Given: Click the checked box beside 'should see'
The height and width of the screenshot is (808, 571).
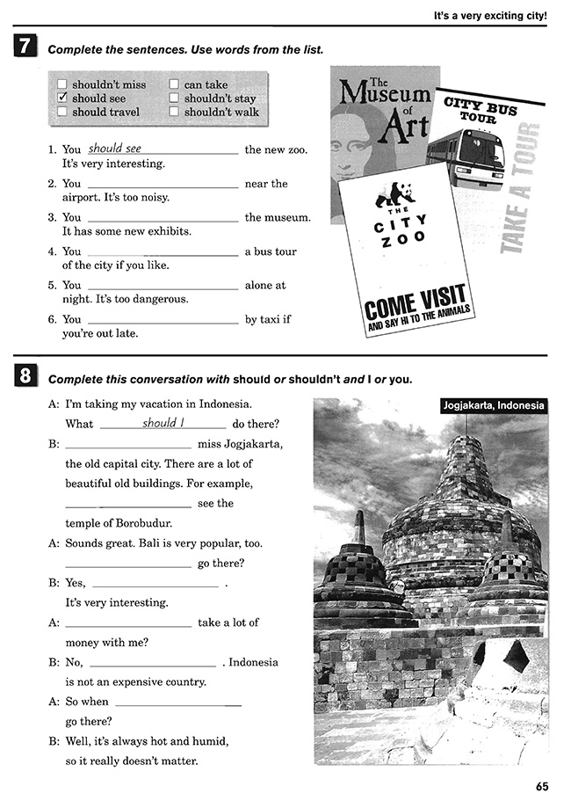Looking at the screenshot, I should coord(62,98).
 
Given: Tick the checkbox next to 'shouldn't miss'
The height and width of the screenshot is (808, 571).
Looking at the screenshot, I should coord(62,84).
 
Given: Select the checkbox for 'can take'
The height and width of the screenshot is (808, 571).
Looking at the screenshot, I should coord(174,84).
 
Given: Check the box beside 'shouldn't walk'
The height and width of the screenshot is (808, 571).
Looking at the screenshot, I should coord(174,112).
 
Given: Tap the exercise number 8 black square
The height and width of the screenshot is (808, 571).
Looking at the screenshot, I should coord(25,378).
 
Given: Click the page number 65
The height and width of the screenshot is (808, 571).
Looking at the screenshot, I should coord(541,786).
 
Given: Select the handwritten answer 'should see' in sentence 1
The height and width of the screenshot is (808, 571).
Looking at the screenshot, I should coord(115,149).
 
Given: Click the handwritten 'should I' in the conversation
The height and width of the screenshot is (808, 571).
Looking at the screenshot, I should coord(163,423).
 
